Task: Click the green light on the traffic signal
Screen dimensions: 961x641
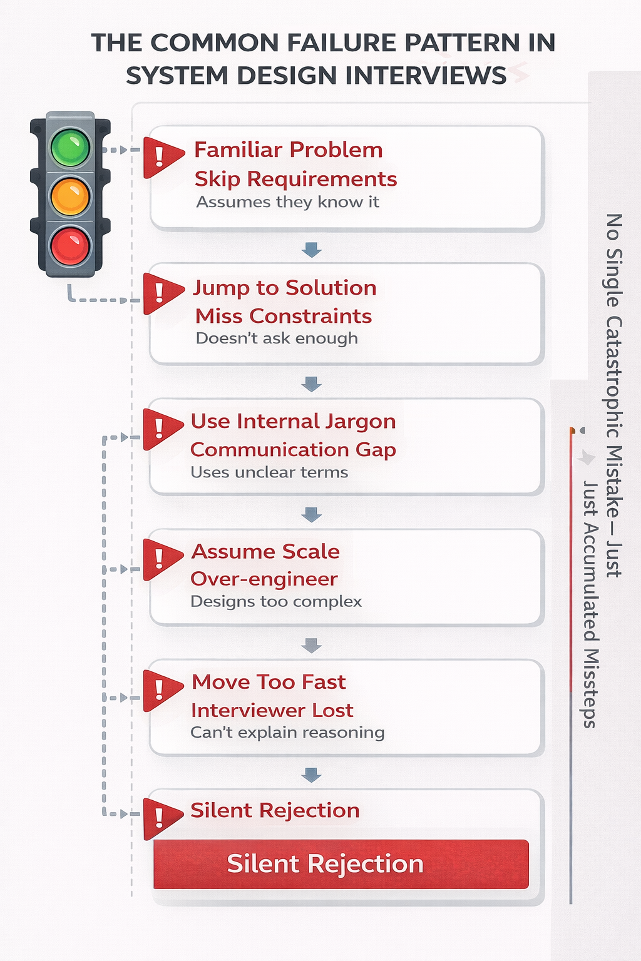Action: pyautogui.click(x=70, y=148)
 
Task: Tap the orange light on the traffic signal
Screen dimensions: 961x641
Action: pyautogui.click(x=70, y=196)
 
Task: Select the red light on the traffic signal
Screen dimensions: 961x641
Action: pyautogui.click(x=70, y=245)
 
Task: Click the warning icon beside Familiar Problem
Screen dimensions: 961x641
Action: pyautogui.click(x=160, y=156)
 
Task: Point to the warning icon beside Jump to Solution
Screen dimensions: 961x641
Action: pyautogui.click(x=160, y=292)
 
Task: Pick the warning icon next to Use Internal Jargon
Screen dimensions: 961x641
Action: pyautogui.click(x=160, y=428)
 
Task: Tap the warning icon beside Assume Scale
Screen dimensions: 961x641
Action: pyautogui.click(x=160, y=558)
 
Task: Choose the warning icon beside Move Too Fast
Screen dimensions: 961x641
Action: pyautogui.click(x=160, y=689)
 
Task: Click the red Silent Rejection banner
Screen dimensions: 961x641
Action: pyautogui.click(x=341, y=864)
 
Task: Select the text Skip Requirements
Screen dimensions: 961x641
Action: pyautogui.click(x=295, y=179)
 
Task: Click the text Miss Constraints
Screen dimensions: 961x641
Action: pyautogui.click(x=284, y=316)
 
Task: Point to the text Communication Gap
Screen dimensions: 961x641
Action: pyautogui.click(x=293, y=449)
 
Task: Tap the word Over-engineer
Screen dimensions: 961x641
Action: pyautogui.click(x=264, y=579)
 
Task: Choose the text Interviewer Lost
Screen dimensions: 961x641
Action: pyautogui.click(x=272, y=710)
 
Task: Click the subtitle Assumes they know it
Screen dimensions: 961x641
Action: pyautogui.click(x=287, y=202)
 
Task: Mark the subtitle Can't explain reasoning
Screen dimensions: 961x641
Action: pyautogui.click(x=287, y=732)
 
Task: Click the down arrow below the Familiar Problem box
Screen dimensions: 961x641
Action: pyautogui.click(x=311, y=250)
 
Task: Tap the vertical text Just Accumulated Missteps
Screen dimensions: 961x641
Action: pyautogui.click(x=590, y=604)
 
